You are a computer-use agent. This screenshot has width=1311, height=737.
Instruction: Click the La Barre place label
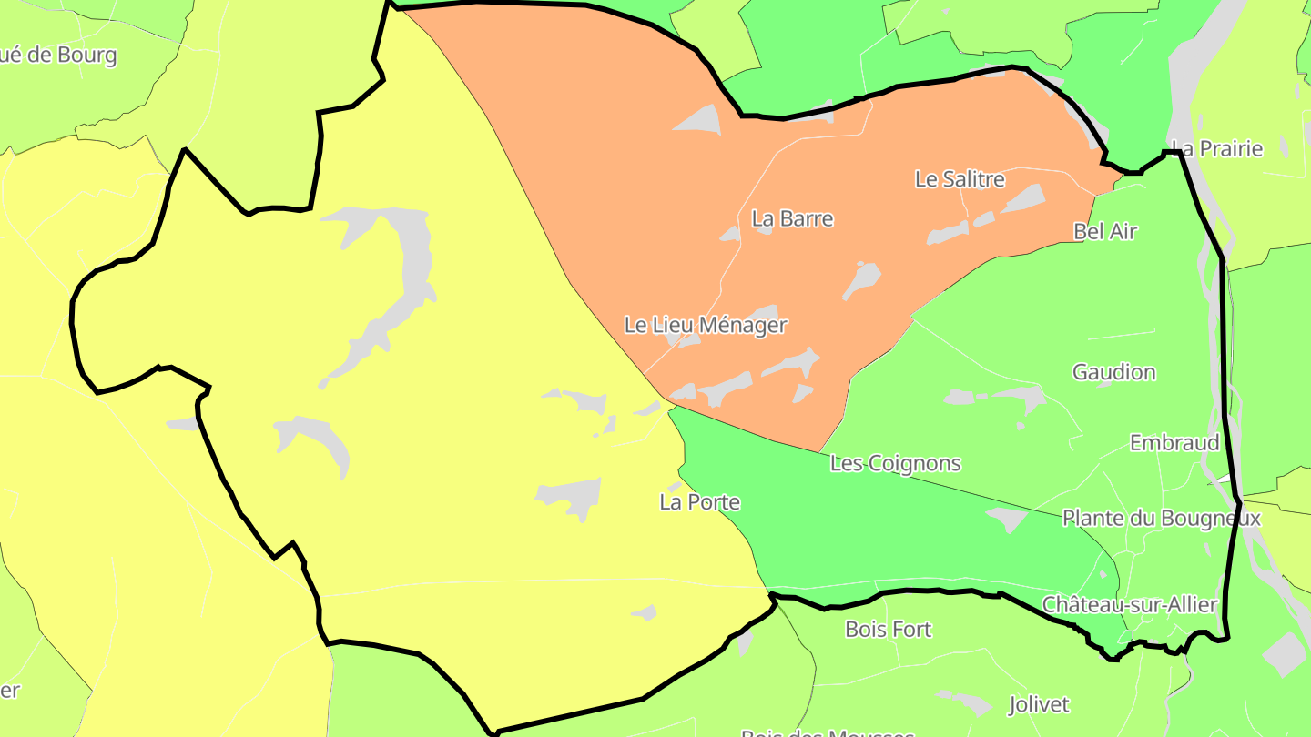792,218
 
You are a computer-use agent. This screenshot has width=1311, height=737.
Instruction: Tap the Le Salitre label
960,179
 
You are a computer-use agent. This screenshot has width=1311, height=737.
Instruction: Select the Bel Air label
1105,231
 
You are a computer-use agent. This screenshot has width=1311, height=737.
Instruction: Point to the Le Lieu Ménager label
706,325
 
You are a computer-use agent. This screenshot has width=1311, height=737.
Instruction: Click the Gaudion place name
1113,372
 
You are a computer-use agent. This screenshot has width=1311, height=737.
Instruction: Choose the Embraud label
1174,443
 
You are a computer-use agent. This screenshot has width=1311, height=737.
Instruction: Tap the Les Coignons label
895,463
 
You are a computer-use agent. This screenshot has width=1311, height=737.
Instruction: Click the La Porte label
699,502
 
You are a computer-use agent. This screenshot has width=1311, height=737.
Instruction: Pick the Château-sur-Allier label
1129,605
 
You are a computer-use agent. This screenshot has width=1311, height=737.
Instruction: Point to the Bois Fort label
888,629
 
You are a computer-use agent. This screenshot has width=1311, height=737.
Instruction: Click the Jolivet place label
1039,704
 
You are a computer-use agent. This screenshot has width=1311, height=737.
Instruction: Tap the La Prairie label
1217,148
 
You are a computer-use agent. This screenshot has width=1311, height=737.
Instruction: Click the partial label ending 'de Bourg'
59,55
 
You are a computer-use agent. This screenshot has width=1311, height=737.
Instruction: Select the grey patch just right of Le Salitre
1023,198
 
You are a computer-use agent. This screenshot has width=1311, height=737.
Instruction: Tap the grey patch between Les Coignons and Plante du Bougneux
1007,519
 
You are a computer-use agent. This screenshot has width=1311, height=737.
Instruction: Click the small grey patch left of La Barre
730,235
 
